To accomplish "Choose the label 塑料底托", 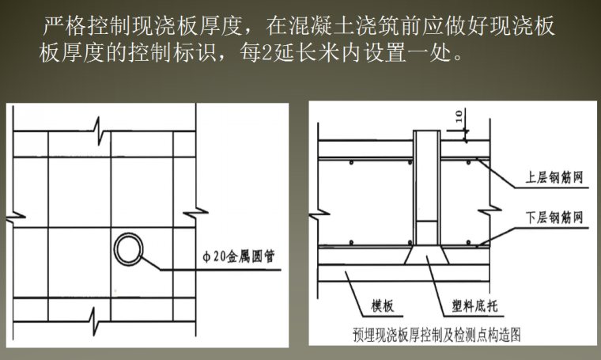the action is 472,305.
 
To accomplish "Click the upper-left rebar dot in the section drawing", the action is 350,164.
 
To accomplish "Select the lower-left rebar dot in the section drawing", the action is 350,242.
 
